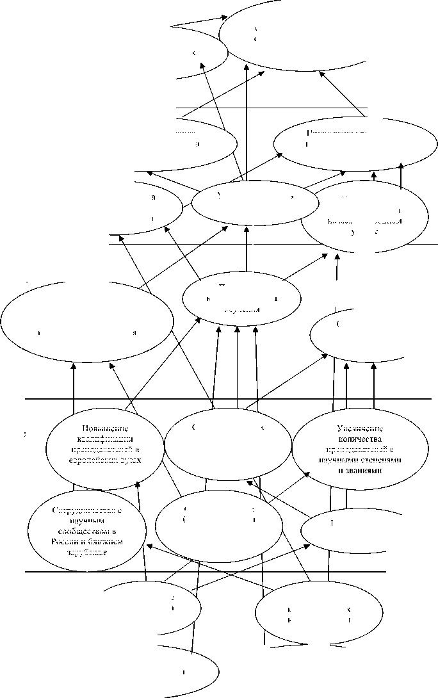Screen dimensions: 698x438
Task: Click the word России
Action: (x=61, y=541)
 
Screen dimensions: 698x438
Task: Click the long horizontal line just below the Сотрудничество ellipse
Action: (x=205, y=571)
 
